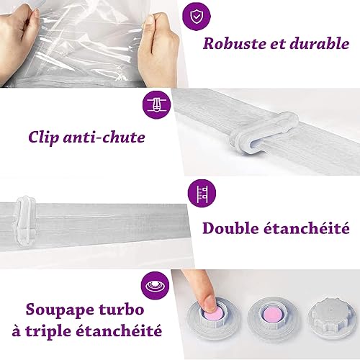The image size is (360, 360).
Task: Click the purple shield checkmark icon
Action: coord(197,16)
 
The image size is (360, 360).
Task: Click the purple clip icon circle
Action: coord(156,105)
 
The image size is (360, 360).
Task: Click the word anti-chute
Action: coord(104,138)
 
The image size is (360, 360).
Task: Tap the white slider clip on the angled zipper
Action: coord(264,133)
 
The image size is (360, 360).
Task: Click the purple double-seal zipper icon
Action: coord(202,194)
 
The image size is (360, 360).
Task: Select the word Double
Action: coord(230,228)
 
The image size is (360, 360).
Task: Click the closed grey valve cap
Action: coord(332,315)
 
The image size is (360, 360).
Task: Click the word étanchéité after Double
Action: coord(306,228)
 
